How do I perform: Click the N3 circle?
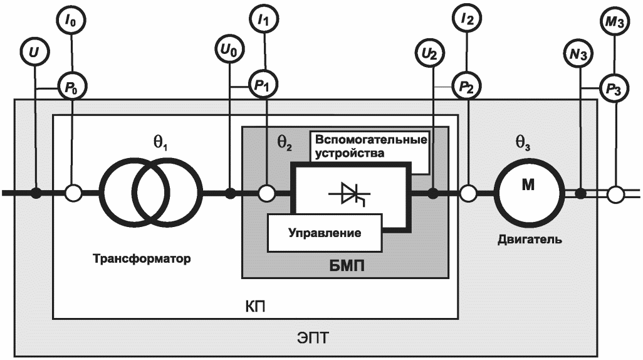pos(580,55)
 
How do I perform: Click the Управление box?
pos(325,233)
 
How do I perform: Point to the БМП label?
pos(346,266)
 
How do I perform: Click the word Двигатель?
pos(530,240)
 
